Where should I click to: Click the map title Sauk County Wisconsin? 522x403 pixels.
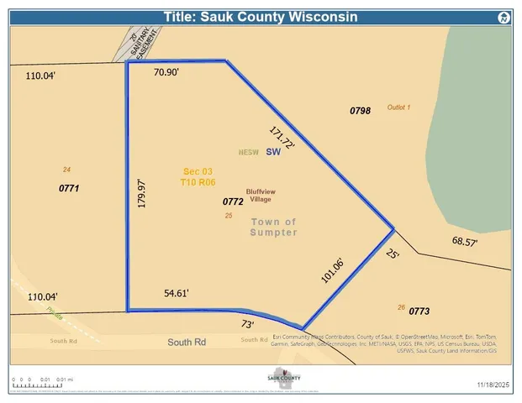click(261, 17)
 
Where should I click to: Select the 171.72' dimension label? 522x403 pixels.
click(282, 138)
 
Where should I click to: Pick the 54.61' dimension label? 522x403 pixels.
click(177, 293)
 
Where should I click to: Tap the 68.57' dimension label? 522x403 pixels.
click(465, 242)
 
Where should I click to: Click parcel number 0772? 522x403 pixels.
click(233, 202)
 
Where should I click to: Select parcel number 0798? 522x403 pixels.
click(360, 111)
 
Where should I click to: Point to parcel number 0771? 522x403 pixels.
click(69, 189)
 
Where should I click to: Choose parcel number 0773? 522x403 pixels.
click(419, 311)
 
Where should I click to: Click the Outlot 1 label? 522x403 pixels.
click(398, 107)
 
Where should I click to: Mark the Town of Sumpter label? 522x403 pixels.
click(273, 228)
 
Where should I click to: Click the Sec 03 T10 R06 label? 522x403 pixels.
click(198, 176)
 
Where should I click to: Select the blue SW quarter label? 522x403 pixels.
click(272, 153)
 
